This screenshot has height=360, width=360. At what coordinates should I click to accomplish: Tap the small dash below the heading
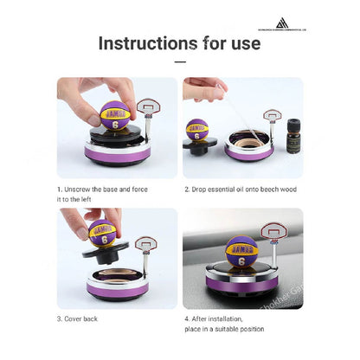[x=179, y=62]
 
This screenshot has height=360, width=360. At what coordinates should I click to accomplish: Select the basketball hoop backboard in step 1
[x=149, y=106]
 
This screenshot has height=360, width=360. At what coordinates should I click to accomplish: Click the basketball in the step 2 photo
[x=197, y=132]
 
